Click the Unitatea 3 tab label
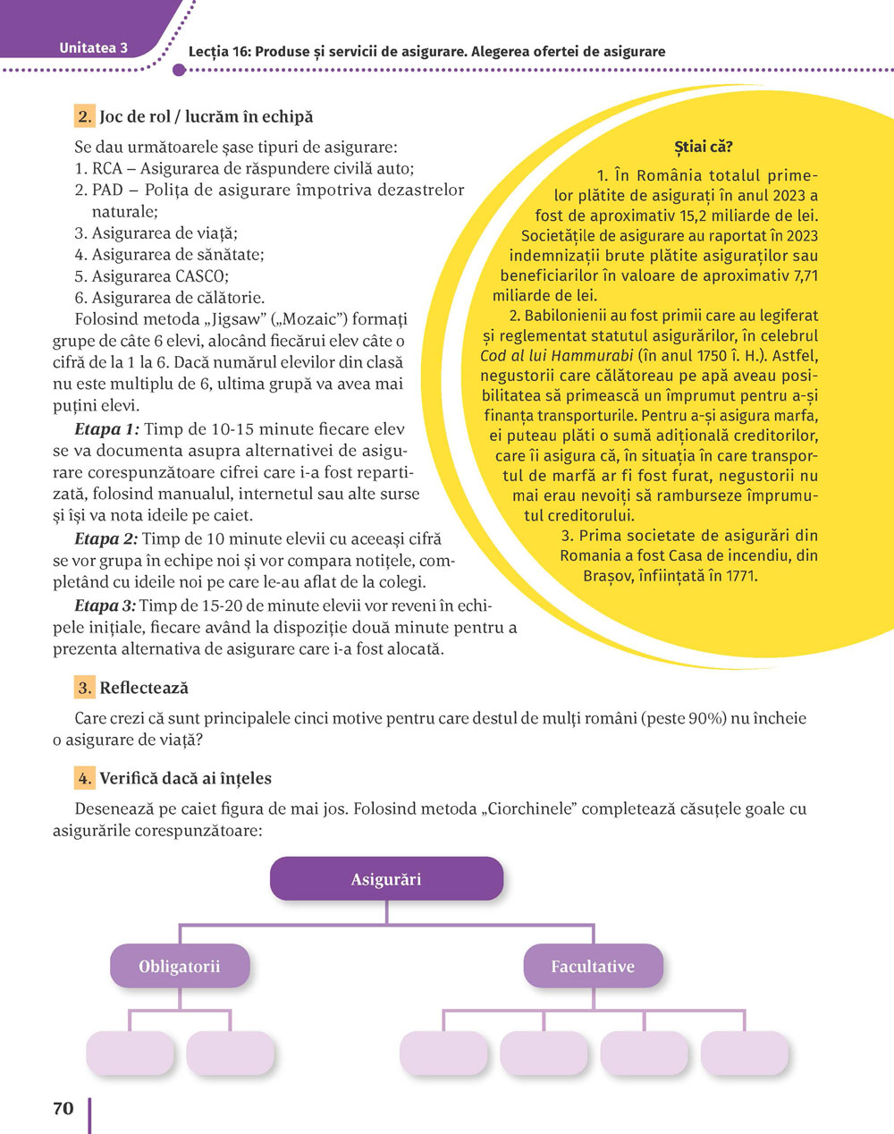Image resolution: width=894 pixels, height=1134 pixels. click(93, 48)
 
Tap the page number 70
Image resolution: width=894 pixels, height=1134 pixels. click(63, 1109)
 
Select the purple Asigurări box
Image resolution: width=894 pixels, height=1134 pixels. click(386, 879)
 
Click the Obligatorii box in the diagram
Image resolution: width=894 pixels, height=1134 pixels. click(180, 967)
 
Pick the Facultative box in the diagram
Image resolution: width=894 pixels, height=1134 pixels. click(593, 967)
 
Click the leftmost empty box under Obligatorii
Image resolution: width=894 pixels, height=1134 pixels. click(130, 1054)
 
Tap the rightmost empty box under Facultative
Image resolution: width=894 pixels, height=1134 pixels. click(746, 1054)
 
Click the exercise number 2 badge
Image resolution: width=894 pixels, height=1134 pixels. click(85, 116)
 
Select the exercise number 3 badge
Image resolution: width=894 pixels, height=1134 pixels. click(85, 688)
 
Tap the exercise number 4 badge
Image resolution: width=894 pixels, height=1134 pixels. click(85, 778)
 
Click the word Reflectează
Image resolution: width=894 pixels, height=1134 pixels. click(144, 688)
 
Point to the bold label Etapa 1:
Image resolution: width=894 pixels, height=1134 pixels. click(107, 430)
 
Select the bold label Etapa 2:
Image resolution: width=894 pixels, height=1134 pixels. click(106, 539)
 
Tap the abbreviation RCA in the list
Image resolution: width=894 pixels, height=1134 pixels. click(107, 168)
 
